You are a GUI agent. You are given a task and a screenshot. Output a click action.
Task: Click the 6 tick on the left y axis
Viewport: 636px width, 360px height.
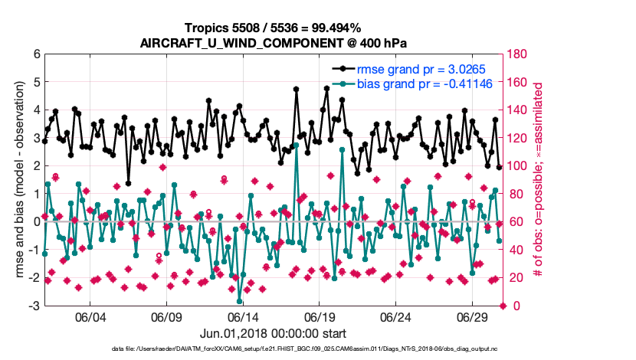pyautogui.click(x=35, y=54)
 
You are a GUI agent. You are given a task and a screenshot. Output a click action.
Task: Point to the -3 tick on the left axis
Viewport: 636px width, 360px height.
pyautogui.click(x=34, y=306)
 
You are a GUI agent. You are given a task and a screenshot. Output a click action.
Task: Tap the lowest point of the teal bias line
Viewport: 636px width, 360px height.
pyautogui.click(x=239, y=301)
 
